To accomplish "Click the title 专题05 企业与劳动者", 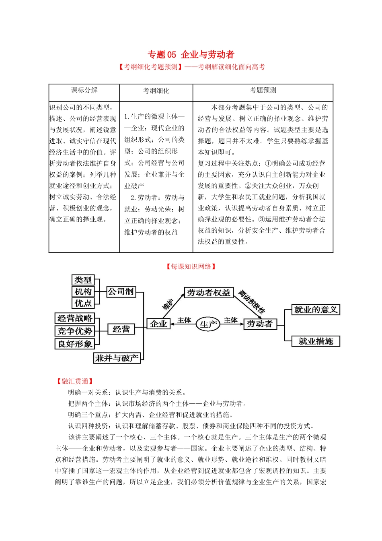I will pyautogui.click(x=191, y=55).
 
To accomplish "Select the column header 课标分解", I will pyautogui.click(x=84, y=90).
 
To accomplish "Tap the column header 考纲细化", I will pyautogui.click(x=156, y=91).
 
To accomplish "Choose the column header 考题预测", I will pyautogui.click(x=263, y=90).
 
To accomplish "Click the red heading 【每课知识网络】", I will pyautogui.click(x=191, y=266).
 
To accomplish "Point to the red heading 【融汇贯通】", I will pyautogui.click(x=75, y=381).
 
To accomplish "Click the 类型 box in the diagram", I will pyautogui.click(x=83, y=280).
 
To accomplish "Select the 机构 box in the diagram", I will pyautogui.click(x=83, y=291).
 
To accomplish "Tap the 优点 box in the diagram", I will pyautogui.click(x=83, y=303).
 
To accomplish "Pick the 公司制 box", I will pyautogui.click(x=121, y=291).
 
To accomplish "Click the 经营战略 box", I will pyautogui.click(x=75, y=318).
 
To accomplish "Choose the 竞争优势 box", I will pyautogui.click(x=75, y=331).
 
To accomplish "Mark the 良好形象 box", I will pyautogui.click(x=75, y=344).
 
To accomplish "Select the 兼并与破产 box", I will pyautogui.click(x=117, y=358).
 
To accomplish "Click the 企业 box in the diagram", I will pyautogui.click(x=158, y=324).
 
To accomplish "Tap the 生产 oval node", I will pyautogui.click(x=208, y=324).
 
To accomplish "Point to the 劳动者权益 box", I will pyautogui.click(x=208, y=293).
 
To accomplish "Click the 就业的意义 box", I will pyautogui.click(x=316, y=310).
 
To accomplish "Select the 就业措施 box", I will pyautogui.click(x=316, y=341).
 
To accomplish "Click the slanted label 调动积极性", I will pyautogui.click(x=252, y=302).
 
